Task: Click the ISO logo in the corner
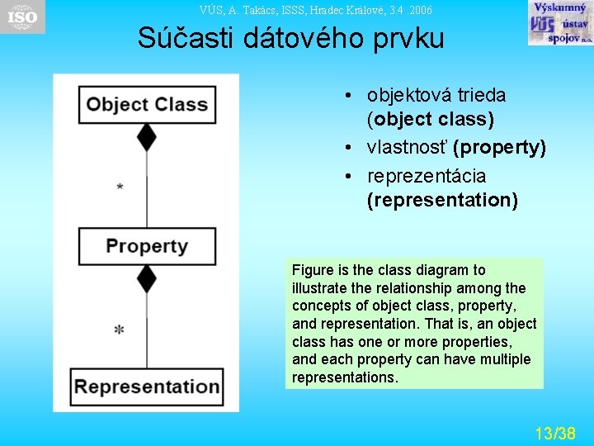click(22, 17)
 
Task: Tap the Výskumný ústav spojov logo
click(559, 23)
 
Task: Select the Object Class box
click(147, 105)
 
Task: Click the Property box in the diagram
click(147, 246)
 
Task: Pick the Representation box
click(148, 387)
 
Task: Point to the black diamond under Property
click(147, 278)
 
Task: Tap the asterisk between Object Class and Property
click(120, 187)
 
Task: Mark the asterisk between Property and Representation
click(120, 330)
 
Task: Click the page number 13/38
click(554, 433)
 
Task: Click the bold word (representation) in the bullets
click(443, 200)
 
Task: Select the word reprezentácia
click(427, 176)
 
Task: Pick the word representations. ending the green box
click(345, 377)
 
